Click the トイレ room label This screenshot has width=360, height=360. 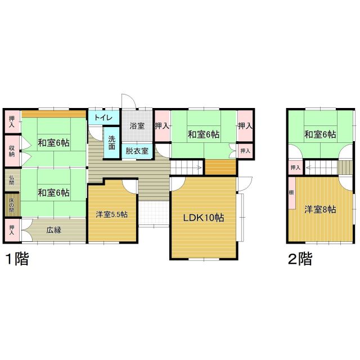[x=103, y=118]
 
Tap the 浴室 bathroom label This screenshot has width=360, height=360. [x=137, y=126]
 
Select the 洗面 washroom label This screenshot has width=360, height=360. [x=112, y=142]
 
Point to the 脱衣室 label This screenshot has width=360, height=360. [x=137, y=151]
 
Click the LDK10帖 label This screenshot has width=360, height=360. [x=204, y=218]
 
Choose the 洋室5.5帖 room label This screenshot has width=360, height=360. [x=112, y=214]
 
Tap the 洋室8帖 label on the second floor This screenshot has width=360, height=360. [x=320, y=209]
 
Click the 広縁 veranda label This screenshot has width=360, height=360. [x=54, y=230]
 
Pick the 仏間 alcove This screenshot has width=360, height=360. [x=12, y=181]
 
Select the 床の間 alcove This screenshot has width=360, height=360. [x=12, y=205]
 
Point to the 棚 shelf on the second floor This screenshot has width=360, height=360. [x=292, y=193]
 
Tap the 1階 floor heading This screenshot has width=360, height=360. [x=17, y=259]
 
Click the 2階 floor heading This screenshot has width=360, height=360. [x=300, y=259]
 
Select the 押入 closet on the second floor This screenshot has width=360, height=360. [x=295, y=168]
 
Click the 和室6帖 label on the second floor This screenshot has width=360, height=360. [x=320, y=134]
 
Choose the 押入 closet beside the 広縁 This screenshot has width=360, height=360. [x=12, y=230]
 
